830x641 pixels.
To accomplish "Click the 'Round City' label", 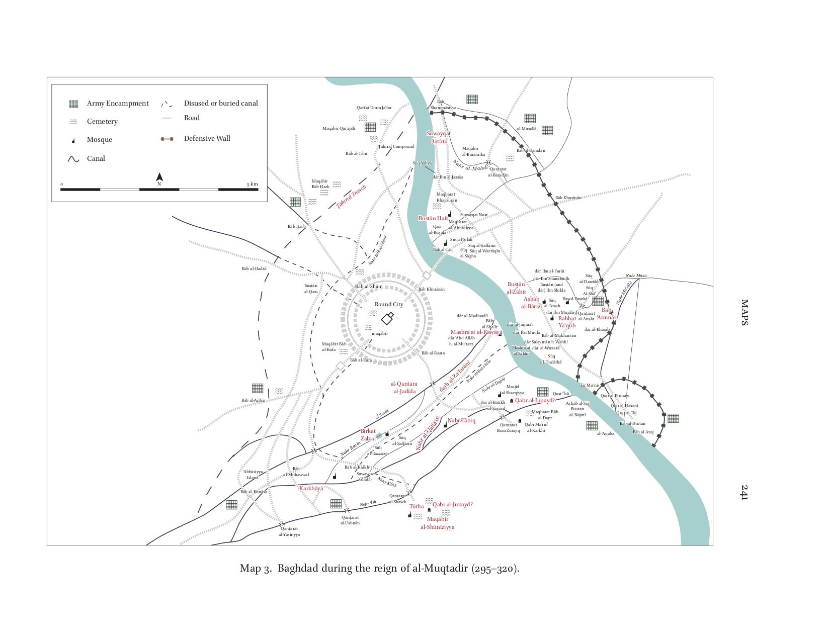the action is (389, 304).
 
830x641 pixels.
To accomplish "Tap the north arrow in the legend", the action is (159, 177).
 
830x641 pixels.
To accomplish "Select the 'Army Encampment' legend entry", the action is (118, 104).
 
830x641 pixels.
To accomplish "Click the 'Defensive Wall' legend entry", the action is (207, 139).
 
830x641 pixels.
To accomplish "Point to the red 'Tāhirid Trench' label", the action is (351, 197).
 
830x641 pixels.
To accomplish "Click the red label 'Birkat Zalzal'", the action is (368, 435).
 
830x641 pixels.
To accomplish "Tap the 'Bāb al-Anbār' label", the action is (254, 400).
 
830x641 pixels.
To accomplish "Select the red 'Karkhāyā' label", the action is (311, 488).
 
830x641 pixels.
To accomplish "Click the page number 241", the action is (744, 492).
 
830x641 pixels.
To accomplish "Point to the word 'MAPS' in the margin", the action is (744, 313).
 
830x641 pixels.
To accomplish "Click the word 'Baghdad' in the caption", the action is (299, 569).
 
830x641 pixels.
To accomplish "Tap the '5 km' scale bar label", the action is (252, 184).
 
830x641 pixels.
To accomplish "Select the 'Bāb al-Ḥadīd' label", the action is (254, 268).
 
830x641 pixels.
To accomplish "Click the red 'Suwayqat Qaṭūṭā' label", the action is (439, 137).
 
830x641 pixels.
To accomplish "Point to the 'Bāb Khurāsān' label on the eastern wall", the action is (568, 198).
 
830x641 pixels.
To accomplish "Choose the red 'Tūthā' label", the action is (417, 506).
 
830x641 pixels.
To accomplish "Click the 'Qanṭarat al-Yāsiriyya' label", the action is (289, 531).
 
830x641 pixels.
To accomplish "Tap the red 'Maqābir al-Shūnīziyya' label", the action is (438, 523).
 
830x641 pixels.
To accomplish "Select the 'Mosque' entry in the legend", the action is (99, 140).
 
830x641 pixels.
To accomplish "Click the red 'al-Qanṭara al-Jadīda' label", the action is (404, 387).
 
